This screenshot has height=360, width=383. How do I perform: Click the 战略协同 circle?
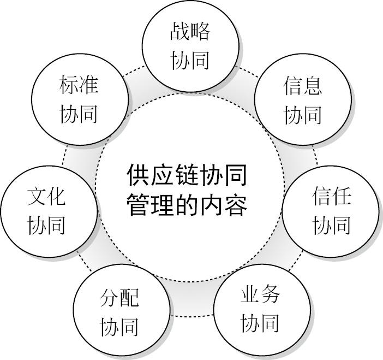[190, 46]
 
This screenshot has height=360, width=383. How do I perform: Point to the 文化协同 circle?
[47, 210]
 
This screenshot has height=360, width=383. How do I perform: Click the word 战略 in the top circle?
[190, 32]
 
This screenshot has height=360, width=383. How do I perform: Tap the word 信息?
[303, 86]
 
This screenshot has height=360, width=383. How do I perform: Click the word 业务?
[260, 295]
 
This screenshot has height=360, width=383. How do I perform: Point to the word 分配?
[119, 298]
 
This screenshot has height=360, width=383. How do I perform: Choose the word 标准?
[79, 86]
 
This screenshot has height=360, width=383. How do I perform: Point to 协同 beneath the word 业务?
[260, 323]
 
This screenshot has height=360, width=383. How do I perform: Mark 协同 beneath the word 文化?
[47, 225]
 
